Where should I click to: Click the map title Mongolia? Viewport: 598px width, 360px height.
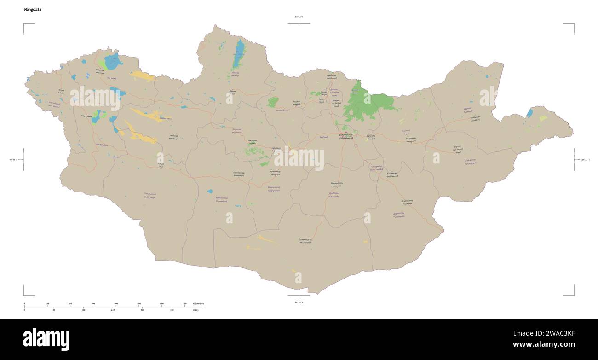(32, 9)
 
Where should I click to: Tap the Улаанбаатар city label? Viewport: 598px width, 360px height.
(346, 135)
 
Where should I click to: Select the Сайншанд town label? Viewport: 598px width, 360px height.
(407, 201)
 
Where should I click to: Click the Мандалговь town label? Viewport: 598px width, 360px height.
(337, 183)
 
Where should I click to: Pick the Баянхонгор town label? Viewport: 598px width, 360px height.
(238, 173)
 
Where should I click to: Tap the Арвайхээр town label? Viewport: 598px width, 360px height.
(275, 172)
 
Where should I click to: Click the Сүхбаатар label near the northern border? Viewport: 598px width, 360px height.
(331, 75)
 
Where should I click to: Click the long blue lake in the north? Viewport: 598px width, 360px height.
(239, 54)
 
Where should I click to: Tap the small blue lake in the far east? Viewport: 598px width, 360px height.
(529, 113)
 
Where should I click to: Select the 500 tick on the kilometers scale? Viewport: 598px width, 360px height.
(139, 304)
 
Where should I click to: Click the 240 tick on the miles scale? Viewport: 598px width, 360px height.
(113, 310)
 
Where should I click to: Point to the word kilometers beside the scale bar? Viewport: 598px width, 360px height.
(199, 304)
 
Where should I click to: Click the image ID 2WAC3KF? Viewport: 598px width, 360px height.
(559, 333)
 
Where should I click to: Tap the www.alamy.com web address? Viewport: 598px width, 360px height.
(544, 344)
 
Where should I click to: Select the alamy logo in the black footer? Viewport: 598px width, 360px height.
(46, 339)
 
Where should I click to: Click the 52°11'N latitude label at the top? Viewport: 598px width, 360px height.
(299, 17)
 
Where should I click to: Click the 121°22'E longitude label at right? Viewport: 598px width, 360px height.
(585, 160)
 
